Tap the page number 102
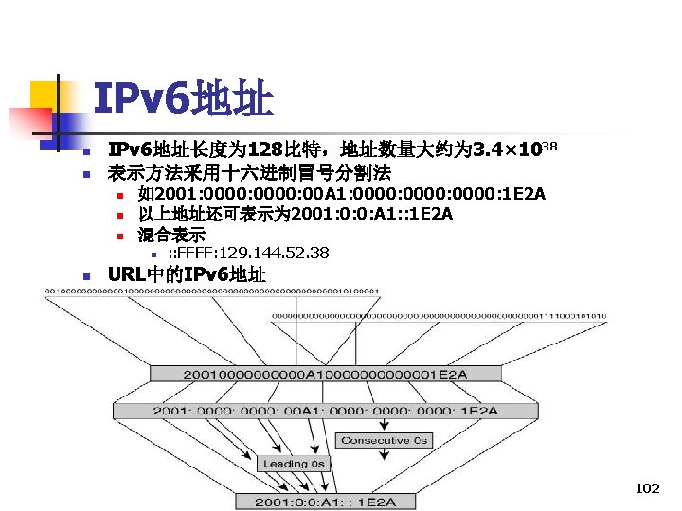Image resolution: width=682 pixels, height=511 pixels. tap(648, 488)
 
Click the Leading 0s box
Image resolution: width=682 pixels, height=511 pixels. tap(294, 463)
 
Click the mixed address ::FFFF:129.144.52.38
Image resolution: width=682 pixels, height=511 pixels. tap(248, 253)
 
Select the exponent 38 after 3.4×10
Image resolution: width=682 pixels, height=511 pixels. tap(548, 145)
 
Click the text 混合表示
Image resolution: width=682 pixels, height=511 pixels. tap(171, 234)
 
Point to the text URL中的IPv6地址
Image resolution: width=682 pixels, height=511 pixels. tap(188, 275)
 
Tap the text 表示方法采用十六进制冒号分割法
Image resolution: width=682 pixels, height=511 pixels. tap(249, 173)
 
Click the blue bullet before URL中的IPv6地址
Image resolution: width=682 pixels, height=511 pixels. tap(86, 276)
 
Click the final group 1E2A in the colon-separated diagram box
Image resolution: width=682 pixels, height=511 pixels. tap(479, 411)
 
